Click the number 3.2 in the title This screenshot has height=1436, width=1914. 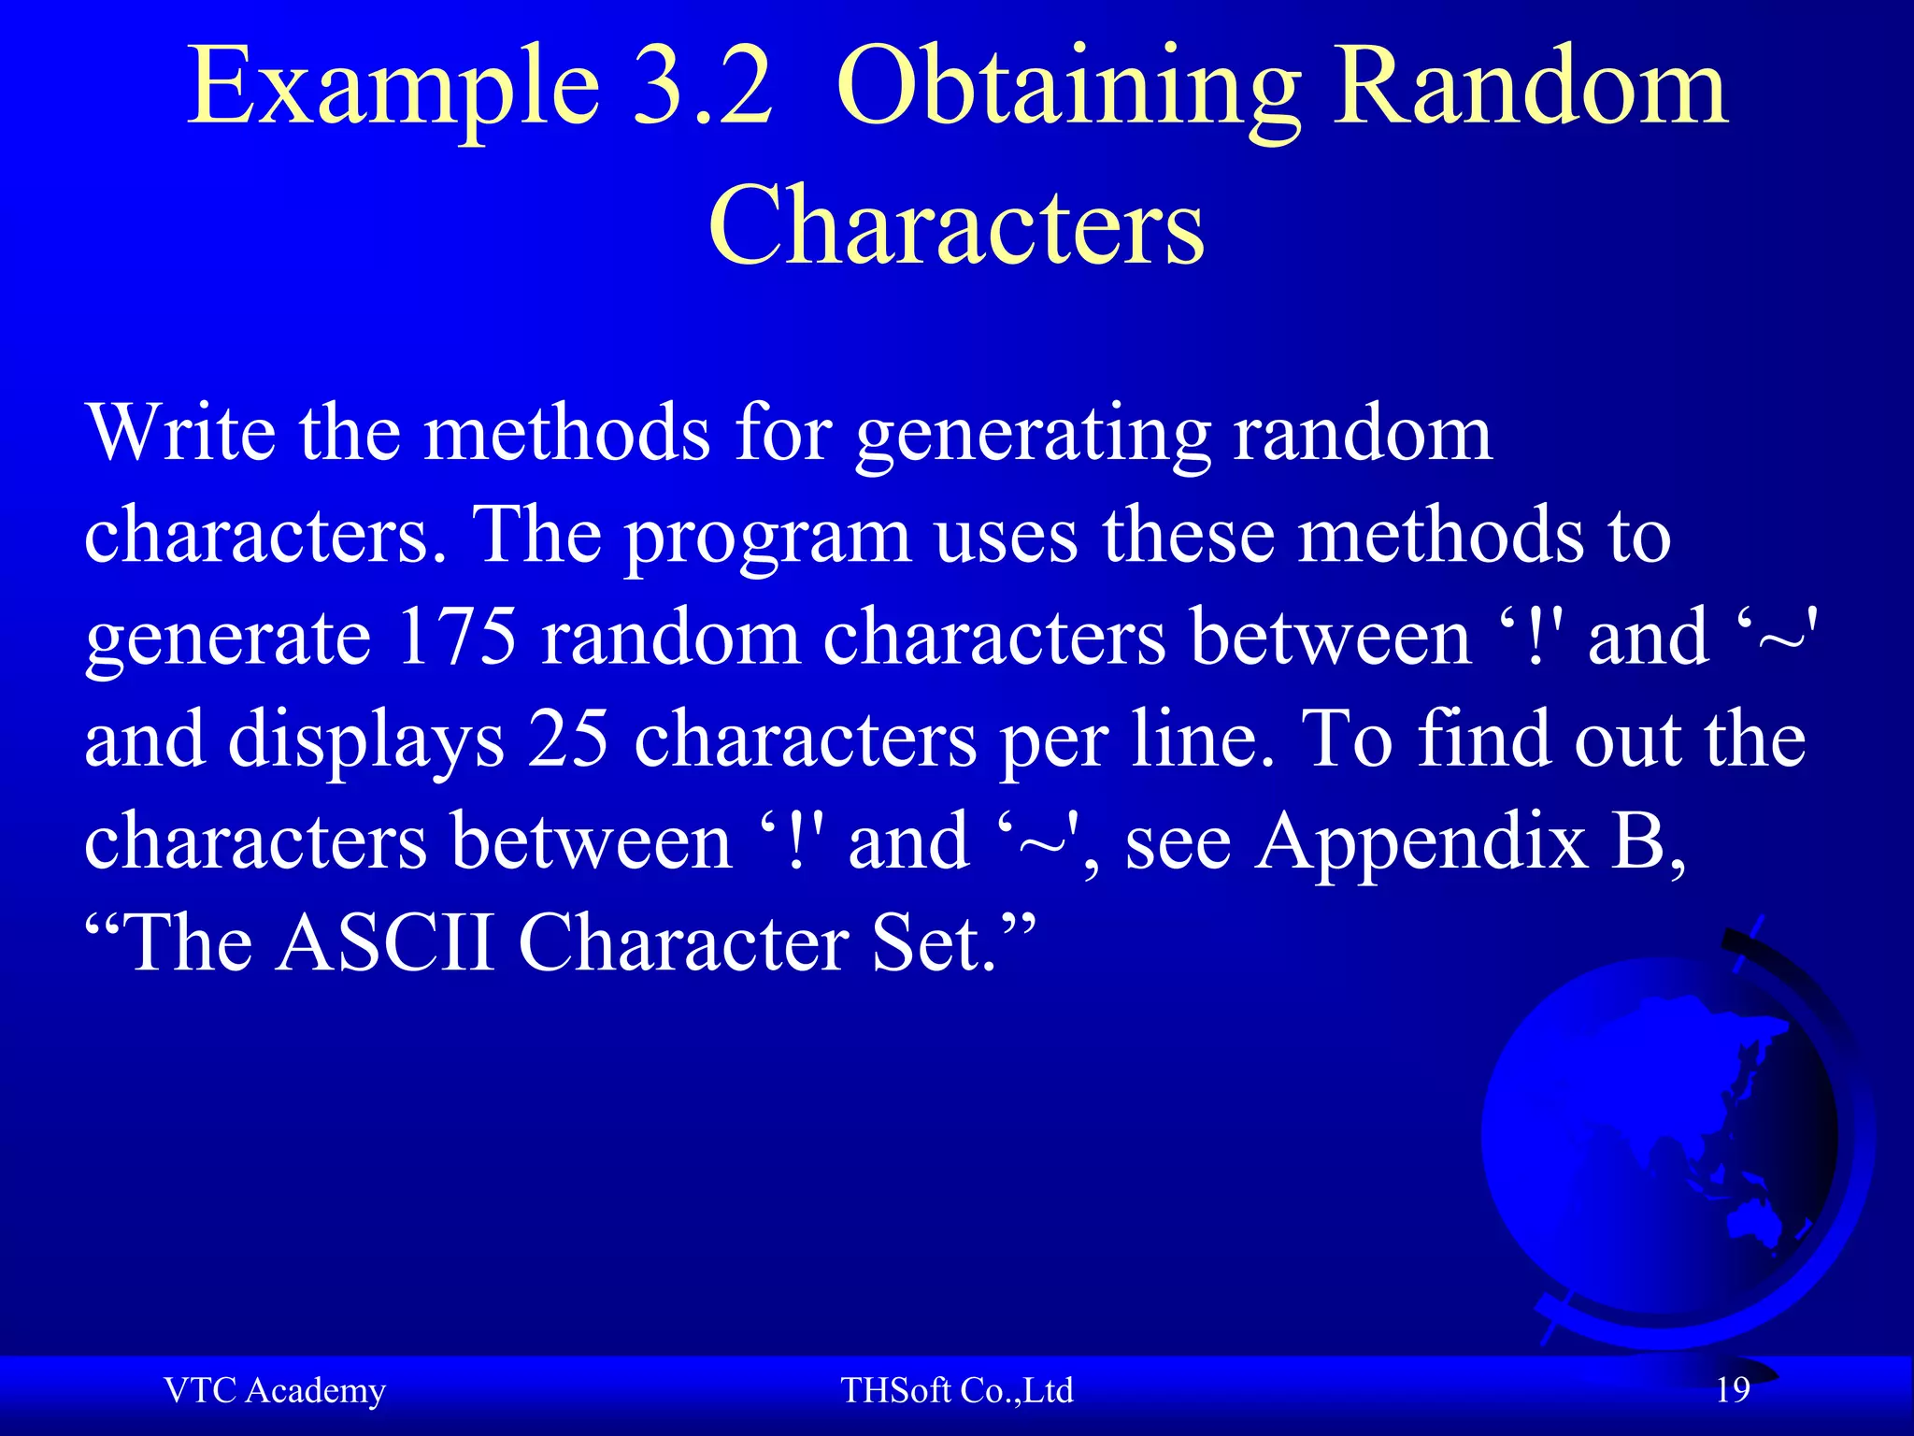click(x=704, y=89)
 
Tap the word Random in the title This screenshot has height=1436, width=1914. click(x=1529, y=89)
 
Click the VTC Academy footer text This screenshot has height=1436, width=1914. click(x=275, y=1391)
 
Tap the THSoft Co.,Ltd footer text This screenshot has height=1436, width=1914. click(x=957, y=1391)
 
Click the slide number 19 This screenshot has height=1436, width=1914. click(x=1733, y=1390)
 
